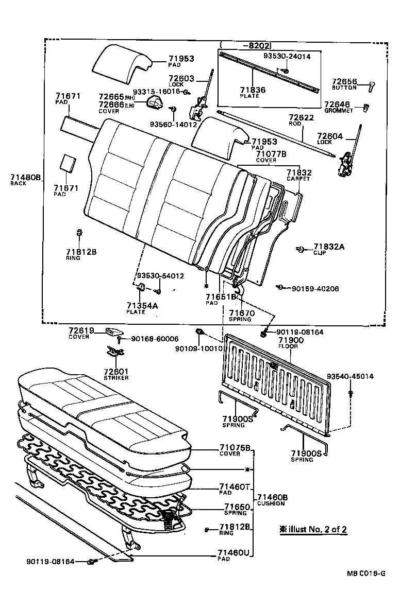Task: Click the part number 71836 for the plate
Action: coord(253,90)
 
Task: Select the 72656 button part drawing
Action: coord(371,85)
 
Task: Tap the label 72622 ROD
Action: coord(301,120)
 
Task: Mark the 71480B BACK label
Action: coord(25,179)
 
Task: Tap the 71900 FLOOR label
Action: coord(291,343)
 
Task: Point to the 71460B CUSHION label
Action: coord(272,500)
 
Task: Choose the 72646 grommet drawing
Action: coord(366,107)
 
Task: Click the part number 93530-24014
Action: coord(287,57)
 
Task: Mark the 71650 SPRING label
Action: coord(235,510)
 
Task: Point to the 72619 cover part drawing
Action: coord(113,330)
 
